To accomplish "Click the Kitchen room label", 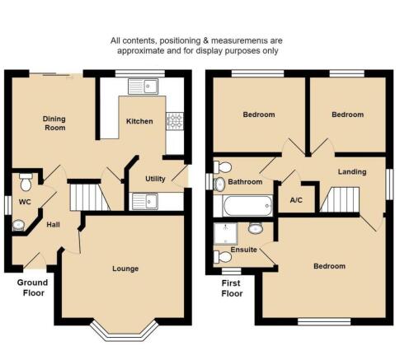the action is tap(139, 121).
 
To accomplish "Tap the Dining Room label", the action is tap(54, 124).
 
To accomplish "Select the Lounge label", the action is tap(125, 269).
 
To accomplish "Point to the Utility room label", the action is tap(155, 179).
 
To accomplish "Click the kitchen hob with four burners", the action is tap(175, 121).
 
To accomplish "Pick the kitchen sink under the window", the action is tap(143, 86).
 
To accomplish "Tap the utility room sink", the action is tap(145, 201).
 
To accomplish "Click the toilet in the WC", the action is tap(26, 182).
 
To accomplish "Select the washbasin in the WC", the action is tap(18, 225).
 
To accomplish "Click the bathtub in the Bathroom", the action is tap(248, 206).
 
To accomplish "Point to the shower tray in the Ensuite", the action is tap(225, 234).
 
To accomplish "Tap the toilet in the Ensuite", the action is tap(223, 257).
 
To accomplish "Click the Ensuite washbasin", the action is tap(256, 228).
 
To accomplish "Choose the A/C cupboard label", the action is tap(296, 200).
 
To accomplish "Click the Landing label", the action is tap(352, 172).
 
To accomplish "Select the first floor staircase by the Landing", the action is tap(340, 199).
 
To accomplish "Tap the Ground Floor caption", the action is tap(33, 288).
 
